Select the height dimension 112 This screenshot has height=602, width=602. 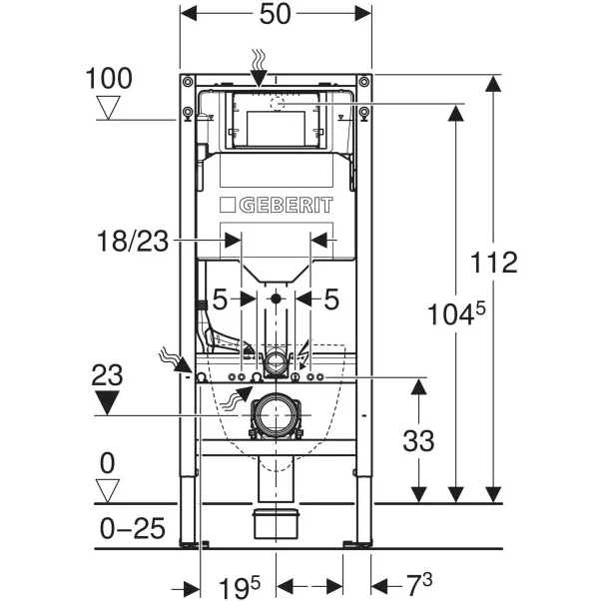(495, 263)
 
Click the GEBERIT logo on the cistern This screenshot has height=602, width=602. (275, 205)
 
